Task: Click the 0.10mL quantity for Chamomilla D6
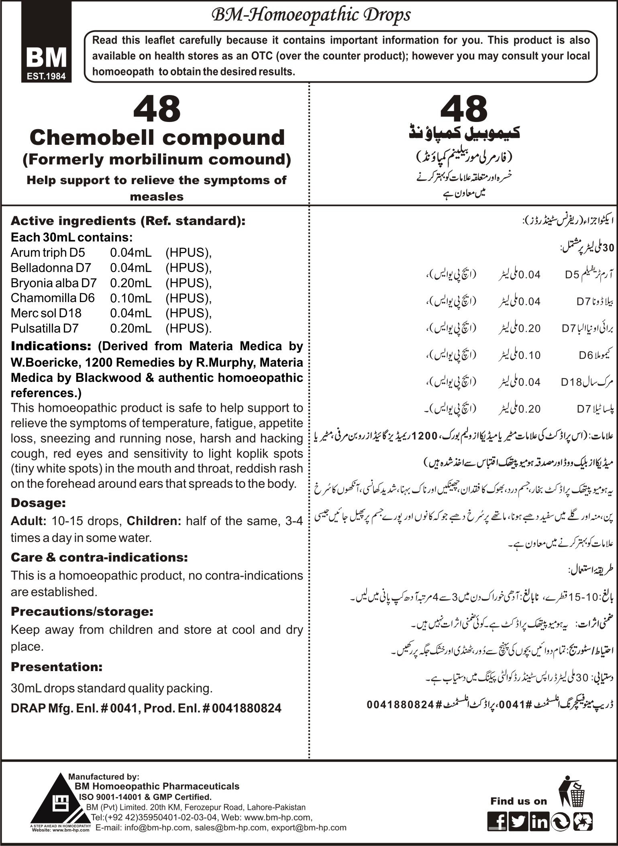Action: pyautogui.click(x=131, y=298)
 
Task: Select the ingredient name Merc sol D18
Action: pyautogui.click(x=46, y=313)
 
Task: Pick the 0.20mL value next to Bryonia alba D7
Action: pyautogui.click(x=131, y=283)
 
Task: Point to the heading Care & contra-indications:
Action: pyautogui.click(x=99, y=557)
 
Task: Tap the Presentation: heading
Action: pyautogui.click(x=57, y=667)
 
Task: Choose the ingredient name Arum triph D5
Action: pyautogui.click(x=48, y=253)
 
